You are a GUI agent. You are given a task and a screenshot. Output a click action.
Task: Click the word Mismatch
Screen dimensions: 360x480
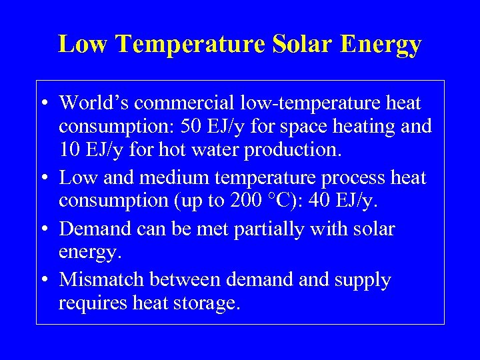[x=101, y=280]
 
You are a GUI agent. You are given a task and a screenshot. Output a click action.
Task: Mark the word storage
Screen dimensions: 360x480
[x=203, y=303]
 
